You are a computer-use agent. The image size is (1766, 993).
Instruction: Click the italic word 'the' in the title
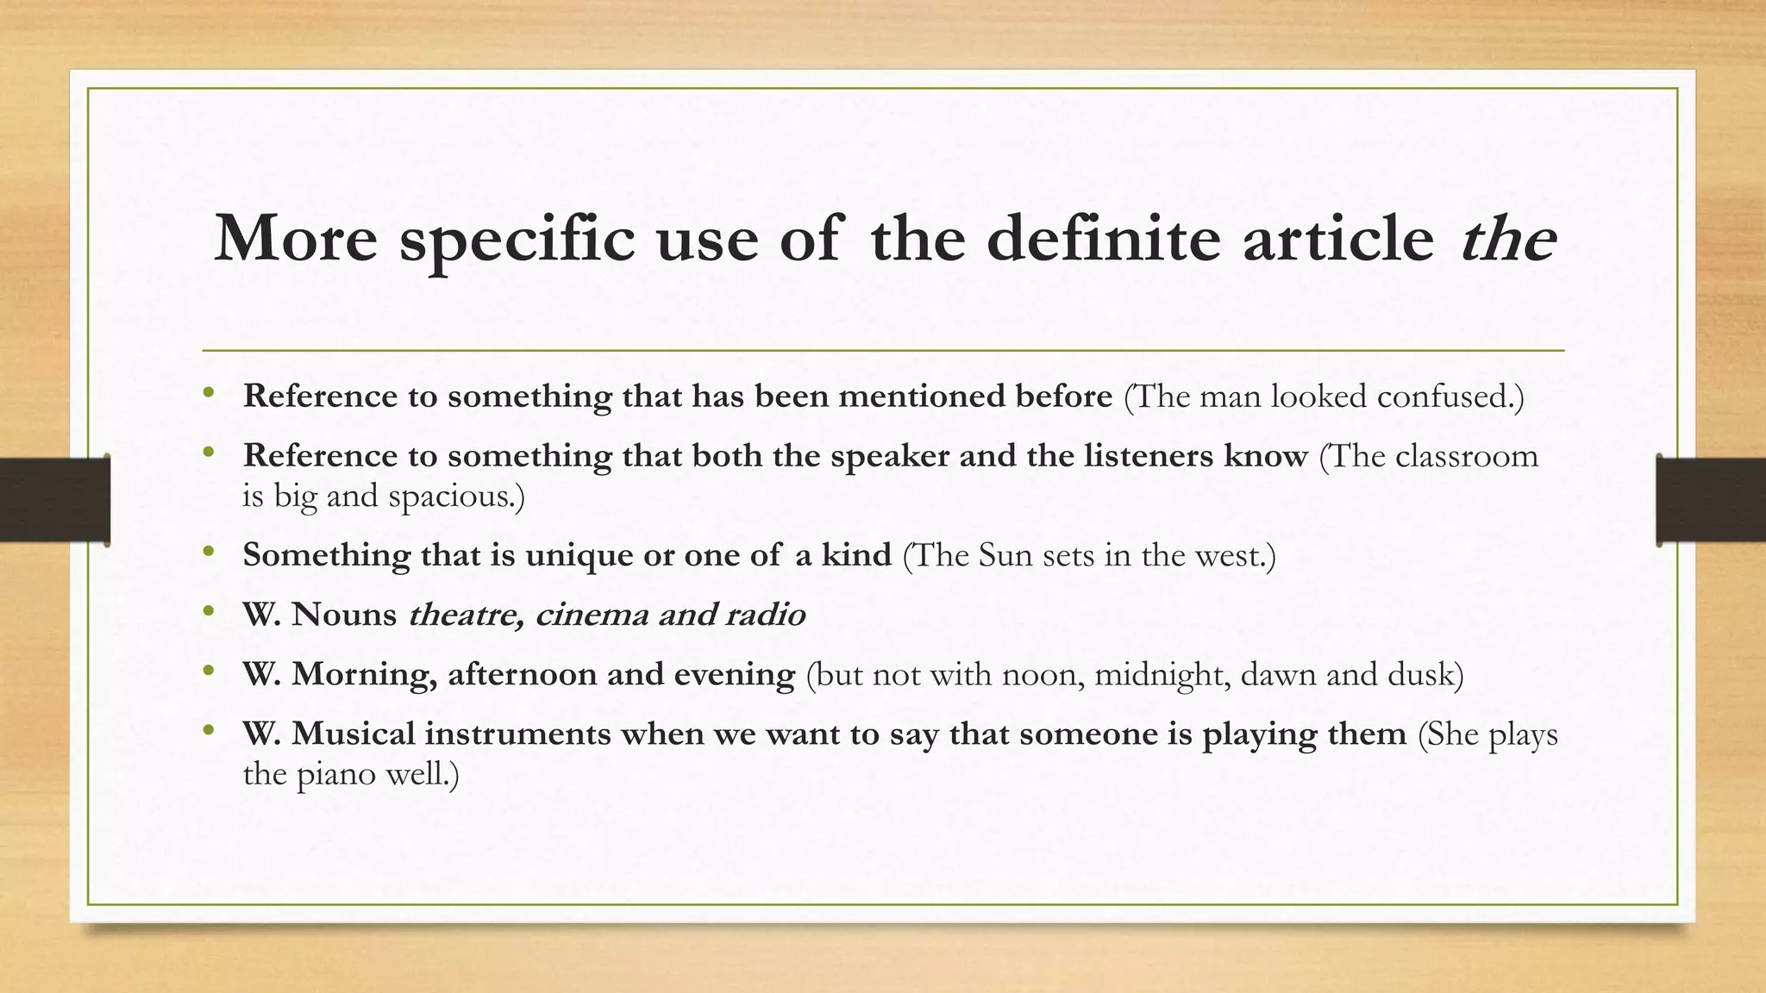[1508, 239]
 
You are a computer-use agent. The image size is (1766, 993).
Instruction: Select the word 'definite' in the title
[1103, 239]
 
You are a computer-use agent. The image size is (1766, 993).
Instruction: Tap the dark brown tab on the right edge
[1711, 500]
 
